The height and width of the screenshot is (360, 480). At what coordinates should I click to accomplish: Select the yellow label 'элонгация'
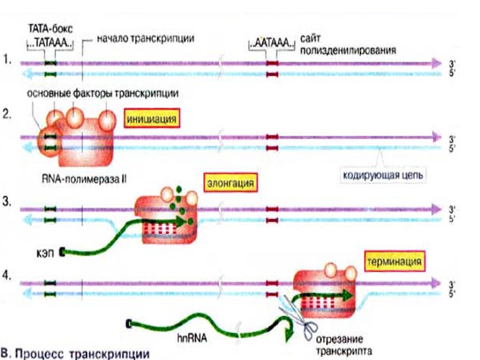coord(231,183)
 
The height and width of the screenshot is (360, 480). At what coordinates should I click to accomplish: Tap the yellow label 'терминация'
coord(394,261)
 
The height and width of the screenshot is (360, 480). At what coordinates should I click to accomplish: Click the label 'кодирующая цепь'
coord(383,177)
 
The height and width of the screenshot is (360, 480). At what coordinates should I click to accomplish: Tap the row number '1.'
coord(7,60)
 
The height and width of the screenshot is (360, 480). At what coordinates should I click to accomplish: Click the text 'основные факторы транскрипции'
coord(103,93)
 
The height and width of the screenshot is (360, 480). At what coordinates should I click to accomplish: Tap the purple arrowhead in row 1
coord(436,62)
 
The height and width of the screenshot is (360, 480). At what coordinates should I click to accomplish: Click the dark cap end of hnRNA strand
coord(129,323)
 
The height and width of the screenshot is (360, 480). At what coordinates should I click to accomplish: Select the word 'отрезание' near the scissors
coord(339,339)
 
